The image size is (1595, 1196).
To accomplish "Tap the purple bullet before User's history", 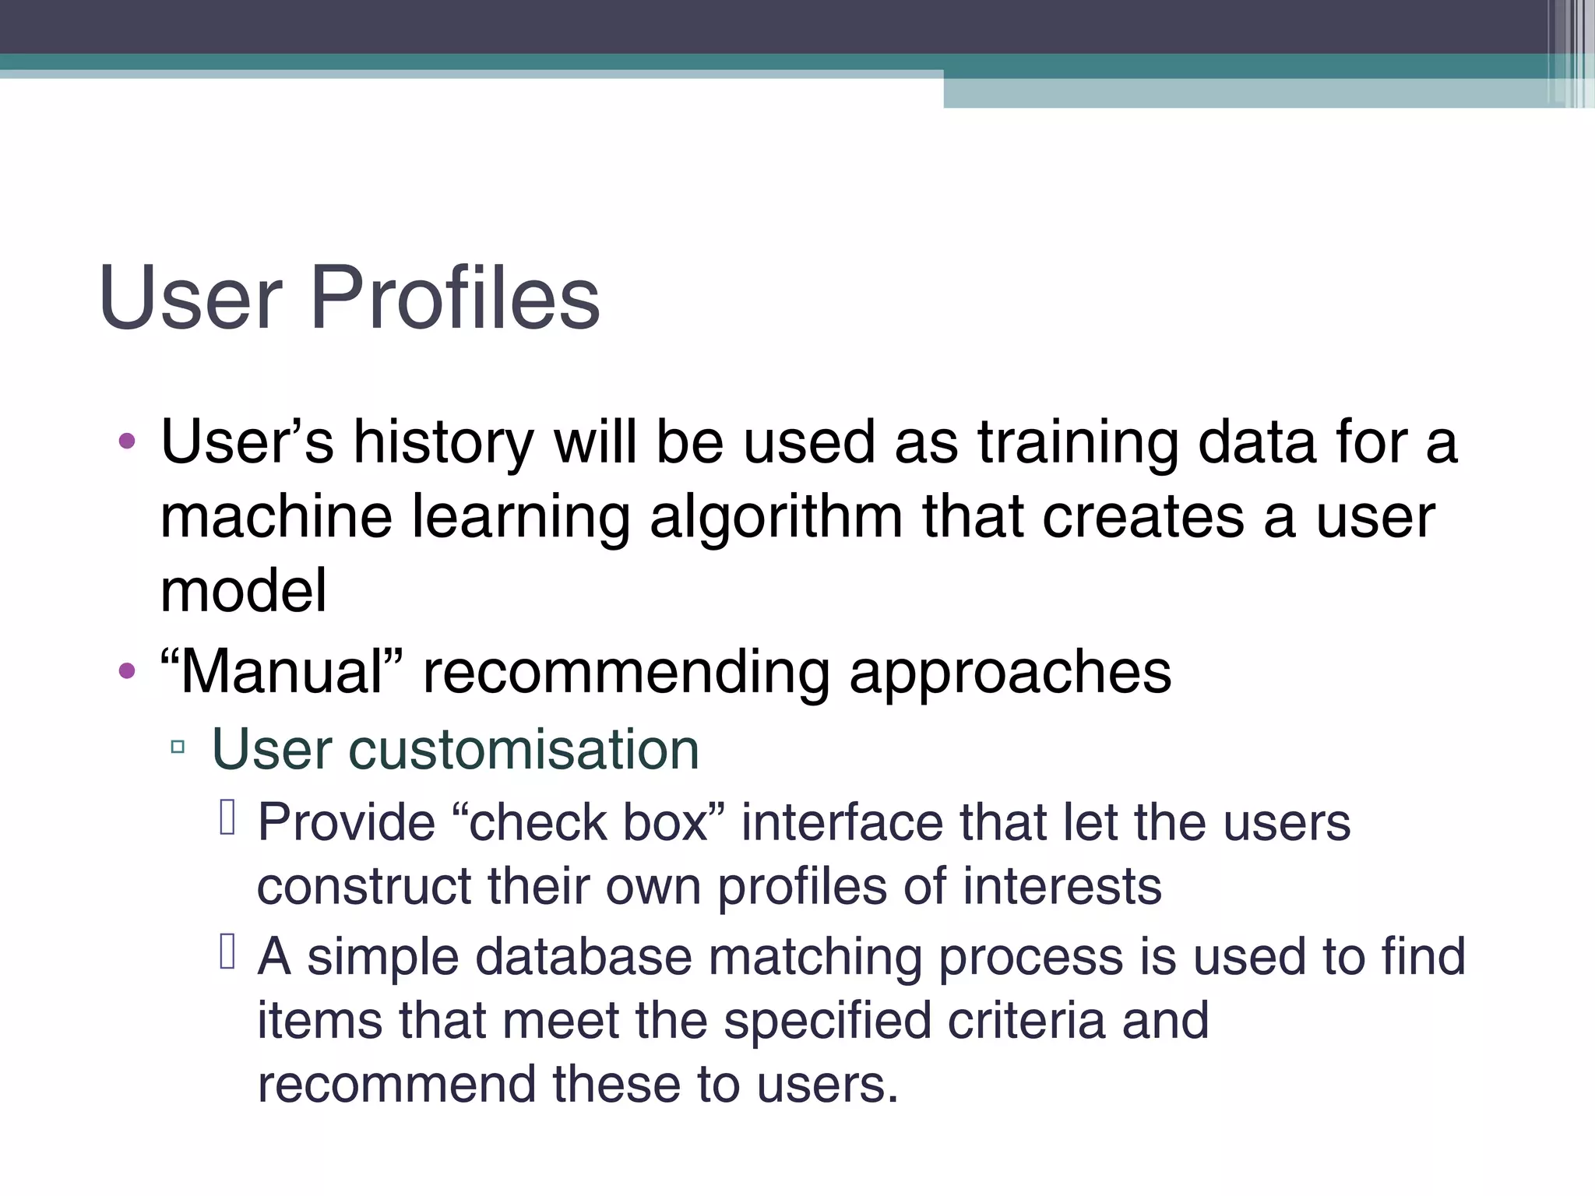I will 127,442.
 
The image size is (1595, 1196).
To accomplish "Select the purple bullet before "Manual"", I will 127,670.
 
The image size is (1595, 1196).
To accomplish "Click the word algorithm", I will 776,518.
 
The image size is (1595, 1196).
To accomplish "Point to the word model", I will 243,591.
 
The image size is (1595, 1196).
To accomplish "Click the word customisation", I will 523,750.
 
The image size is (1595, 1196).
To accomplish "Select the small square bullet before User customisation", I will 178,748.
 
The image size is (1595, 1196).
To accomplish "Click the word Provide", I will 346,822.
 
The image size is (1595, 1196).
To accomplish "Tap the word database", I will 583,956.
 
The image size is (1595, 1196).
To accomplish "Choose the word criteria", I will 1026,1020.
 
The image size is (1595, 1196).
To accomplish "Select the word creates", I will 1143,518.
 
